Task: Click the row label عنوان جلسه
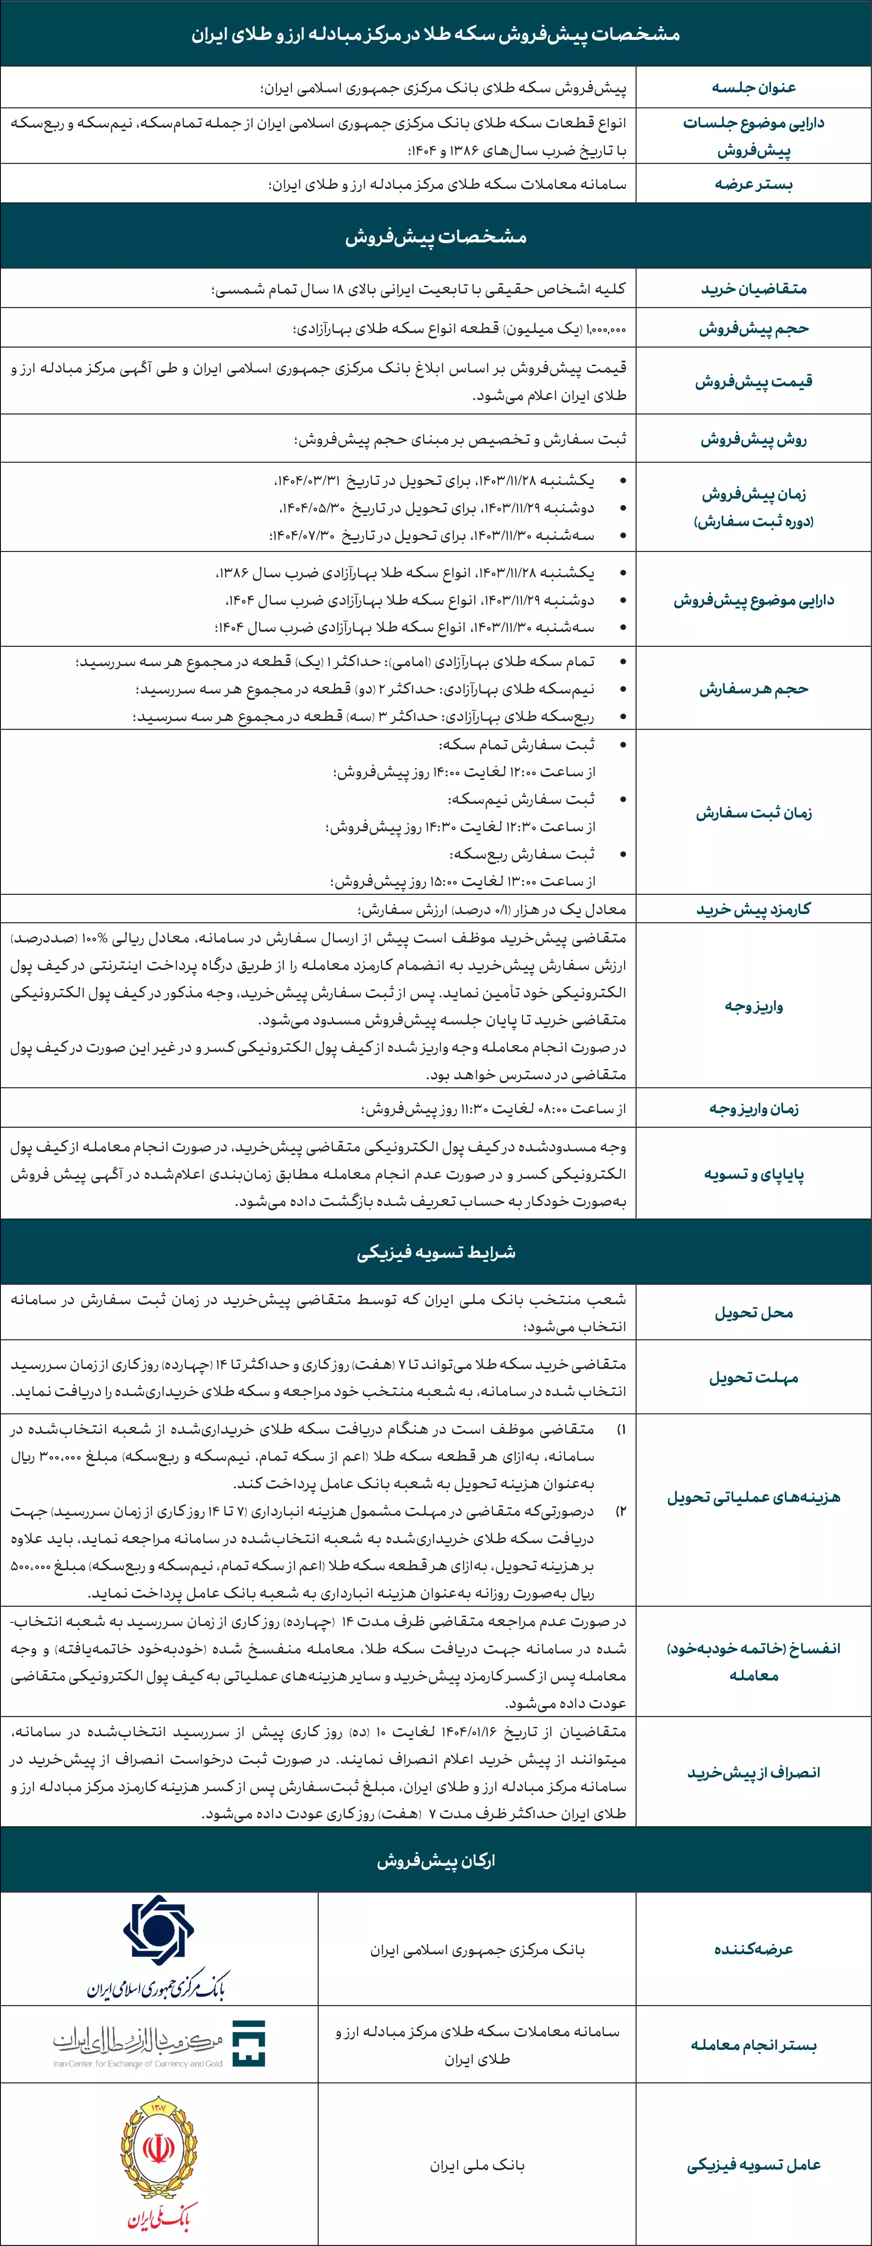point(754,87)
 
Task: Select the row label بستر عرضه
point(754,184)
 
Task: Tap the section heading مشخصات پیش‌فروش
point(436,236)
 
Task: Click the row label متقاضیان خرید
point(754,289)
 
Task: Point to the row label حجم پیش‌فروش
point(754,329)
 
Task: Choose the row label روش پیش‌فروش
point(754,439)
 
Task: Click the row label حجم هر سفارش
point(754,689)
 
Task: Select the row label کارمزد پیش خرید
point(754,909)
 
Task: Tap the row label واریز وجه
point(754,1006)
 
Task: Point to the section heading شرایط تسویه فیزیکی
point(436,1252)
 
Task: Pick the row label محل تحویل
point(754,1312)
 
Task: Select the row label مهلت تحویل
point(754,1377)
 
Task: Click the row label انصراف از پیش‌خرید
point(754,1773)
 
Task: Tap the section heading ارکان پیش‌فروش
point(436,1861)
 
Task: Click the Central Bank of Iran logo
point(159,1948)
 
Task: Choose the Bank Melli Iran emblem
point(159,2164)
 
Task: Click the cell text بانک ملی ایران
point(477,2165)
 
